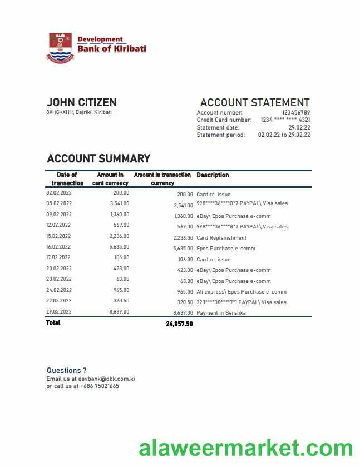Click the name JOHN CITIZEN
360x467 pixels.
[x=82, y=102]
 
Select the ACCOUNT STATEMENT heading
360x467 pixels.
[x=254, y=102]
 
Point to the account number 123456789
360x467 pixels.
[x=296, y=113]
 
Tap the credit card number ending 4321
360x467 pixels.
[x=285, y=120]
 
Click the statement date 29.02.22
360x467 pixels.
[x=299, y=127]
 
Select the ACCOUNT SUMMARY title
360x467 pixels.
[x=98, y=158]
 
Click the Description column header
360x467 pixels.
[x=213, y=175]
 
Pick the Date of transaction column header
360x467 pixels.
[x=67, y=178]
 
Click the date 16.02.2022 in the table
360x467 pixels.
[x=58, y=247]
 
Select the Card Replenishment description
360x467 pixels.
[x=221, y=238]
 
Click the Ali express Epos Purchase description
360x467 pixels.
[x=241, y=292]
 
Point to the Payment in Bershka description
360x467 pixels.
[x=221, y=313]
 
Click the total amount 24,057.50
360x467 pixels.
[x=179, y=324]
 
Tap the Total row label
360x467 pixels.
[x=53, y=322]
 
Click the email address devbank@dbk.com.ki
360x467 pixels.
[x=106, y=379]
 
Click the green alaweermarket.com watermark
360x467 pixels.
[x=245, y=448]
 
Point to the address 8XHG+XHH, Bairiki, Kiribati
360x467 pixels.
[x=79, y=112]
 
